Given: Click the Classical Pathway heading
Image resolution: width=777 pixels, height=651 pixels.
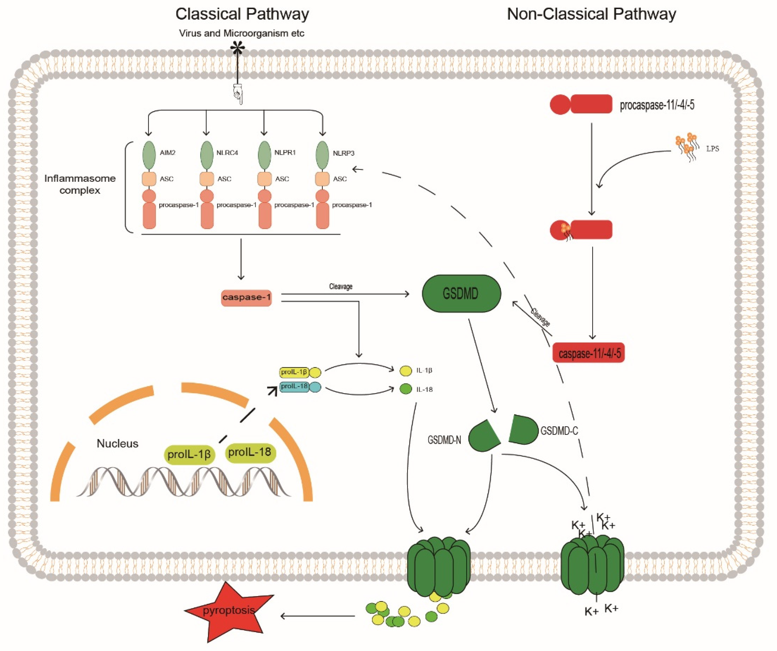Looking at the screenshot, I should [242, 14].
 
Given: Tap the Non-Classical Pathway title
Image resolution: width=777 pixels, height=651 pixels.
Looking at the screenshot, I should [591, 14].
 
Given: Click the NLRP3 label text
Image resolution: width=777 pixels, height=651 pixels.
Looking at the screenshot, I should [343, 153].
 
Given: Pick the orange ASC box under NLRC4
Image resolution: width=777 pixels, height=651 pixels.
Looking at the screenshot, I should [206, 179].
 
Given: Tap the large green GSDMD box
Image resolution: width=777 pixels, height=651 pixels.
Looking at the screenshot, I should [461, 294].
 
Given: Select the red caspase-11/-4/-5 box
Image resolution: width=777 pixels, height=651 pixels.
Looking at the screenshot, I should [588, 353].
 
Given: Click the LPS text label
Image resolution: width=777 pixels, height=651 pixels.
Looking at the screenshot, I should [712, 149].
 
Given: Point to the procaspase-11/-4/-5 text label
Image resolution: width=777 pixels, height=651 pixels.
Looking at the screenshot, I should [657, 105].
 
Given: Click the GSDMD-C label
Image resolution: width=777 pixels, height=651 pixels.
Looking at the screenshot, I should [559, 431].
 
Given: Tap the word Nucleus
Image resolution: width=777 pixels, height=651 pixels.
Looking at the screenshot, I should [117, 443].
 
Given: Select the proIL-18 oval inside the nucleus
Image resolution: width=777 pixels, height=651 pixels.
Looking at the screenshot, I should [250, 452].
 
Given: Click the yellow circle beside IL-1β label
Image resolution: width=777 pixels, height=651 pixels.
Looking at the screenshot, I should [406, 370].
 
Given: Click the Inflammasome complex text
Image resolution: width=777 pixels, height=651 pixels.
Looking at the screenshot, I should [80, 184].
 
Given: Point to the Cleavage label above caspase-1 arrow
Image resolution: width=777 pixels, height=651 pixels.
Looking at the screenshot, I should [340, 286].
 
